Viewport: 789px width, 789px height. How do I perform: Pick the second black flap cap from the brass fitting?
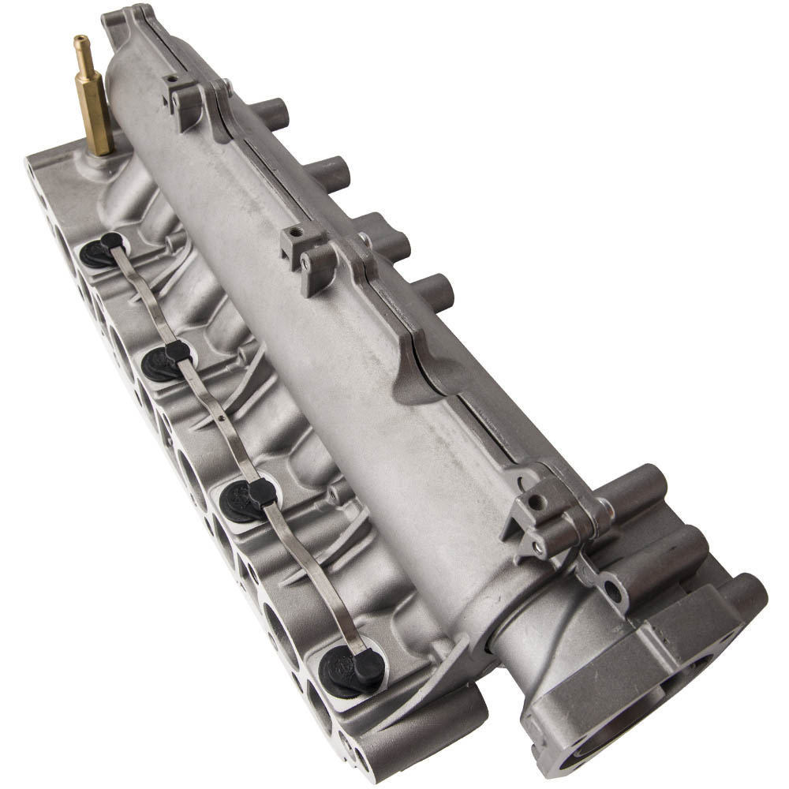pyautogui.click(x=168, y=360)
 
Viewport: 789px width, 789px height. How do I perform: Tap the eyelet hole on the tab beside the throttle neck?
pyautogui.click(x=611, y=589)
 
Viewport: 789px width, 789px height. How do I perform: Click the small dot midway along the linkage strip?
pyautogui.click(x=224, y=419)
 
